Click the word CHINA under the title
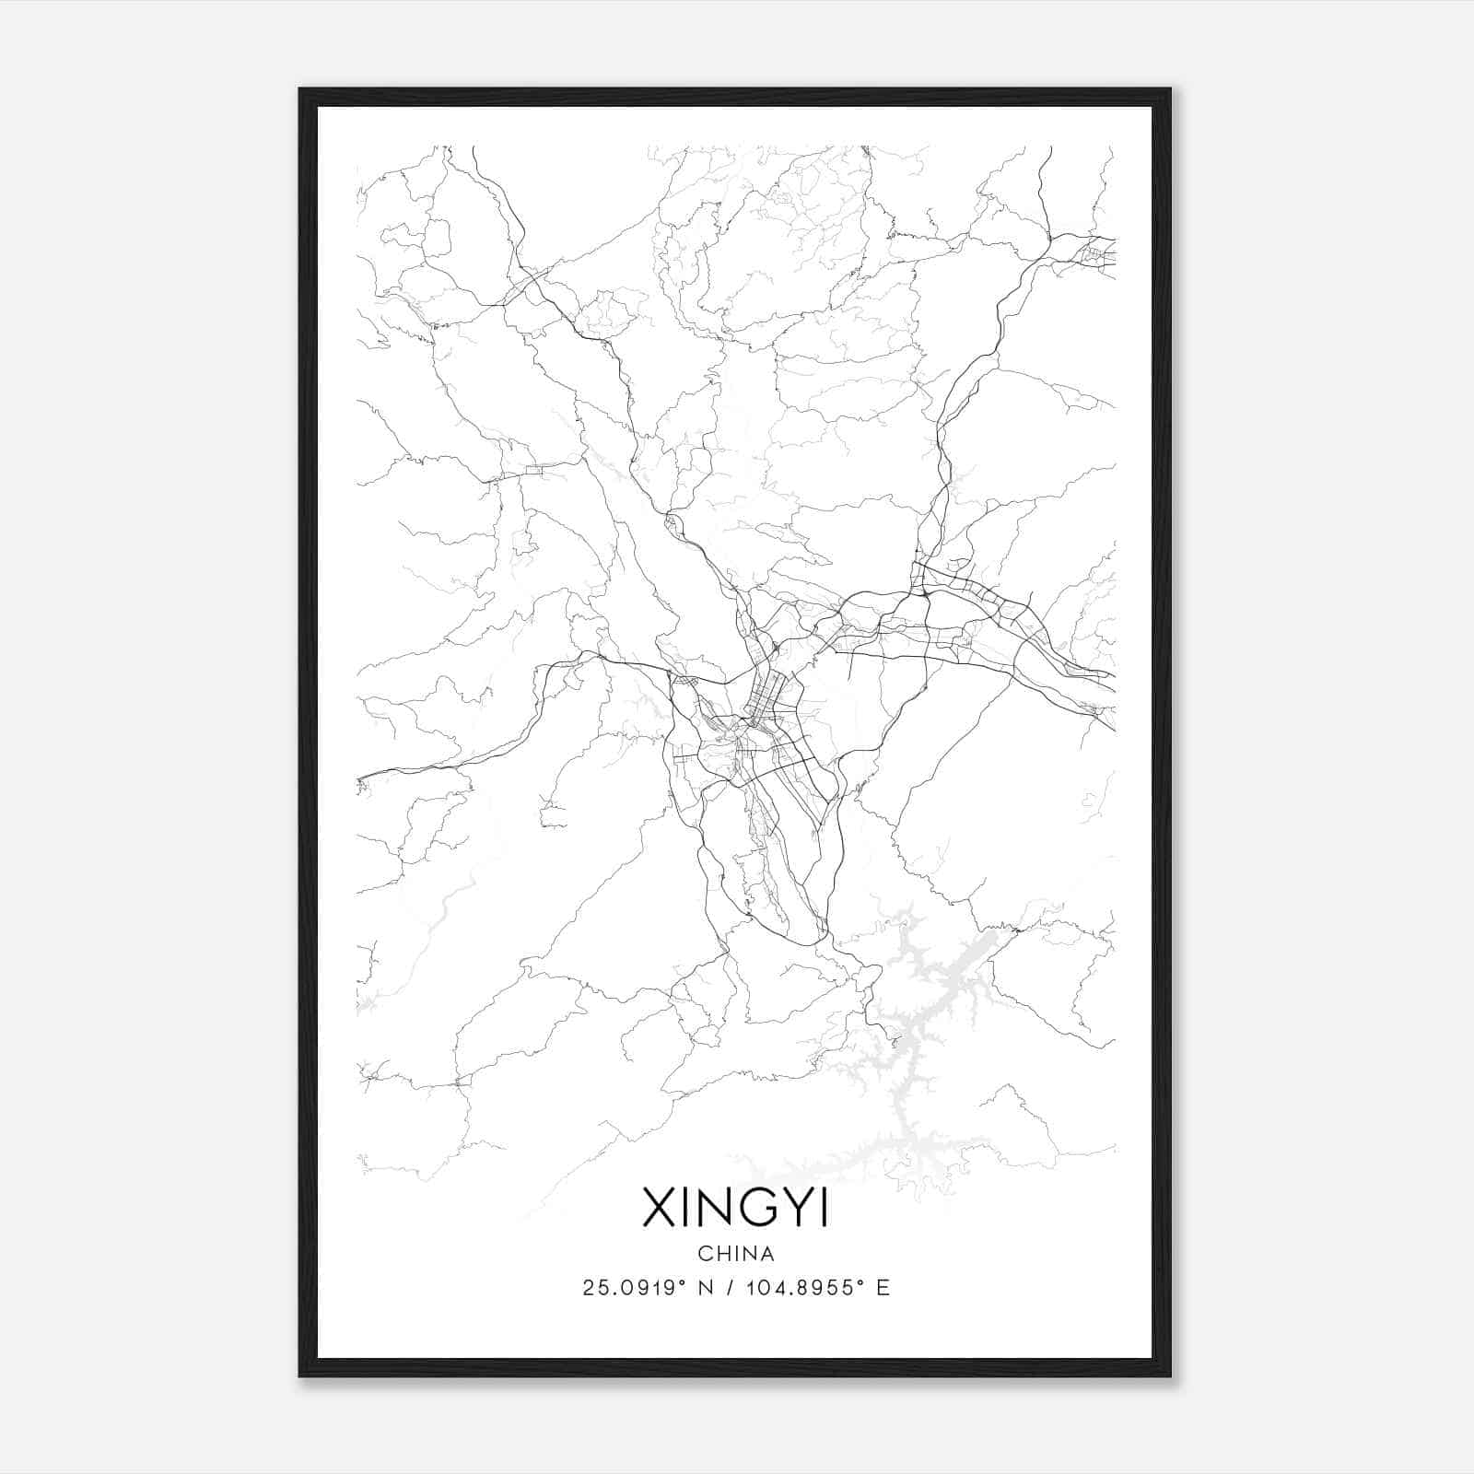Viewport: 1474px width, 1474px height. coord(736,1254)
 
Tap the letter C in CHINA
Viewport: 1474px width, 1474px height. coord(705,1254)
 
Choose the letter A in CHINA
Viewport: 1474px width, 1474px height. coord(767,1254)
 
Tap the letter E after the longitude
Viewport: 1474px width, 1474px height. coord(884,1288)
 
